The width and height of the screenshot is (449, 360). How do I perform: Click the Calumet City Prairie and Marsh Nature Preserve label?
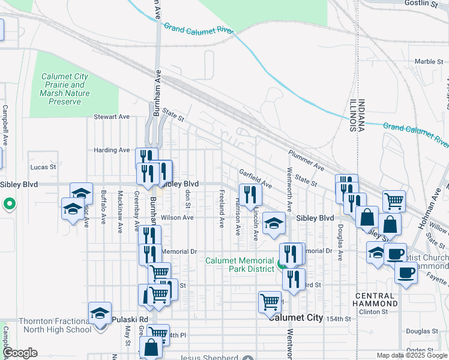(x=65, y=89)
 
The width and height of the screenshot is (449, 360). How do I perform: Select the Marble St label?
(x=429, y=62)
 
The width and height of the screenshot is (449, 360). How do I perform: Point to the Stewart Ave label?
(x=112, y=117)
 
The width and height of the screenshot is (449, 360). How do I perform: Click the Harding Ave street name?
(x=112, y=150)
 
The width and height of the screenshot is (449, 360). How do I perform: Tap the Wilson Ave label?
(x=177, y=218)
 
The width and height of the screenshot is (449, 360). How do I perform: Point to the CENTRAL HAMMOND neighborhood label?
(x=375, y=299)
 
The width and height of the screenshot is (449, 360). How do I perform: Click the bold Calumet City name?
(x=295, y=317)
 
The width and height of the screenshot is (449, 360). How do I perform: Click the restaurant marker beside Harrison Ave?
(x=249, y=194)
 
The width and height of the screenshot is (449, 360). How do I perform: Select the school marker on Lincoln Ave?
(x=274, y=223)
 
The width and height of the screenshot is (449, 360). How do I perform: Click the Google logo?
(x=20, y=353)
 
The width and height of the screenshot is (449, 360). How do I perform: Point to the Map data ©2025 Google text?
(x=411, y=355)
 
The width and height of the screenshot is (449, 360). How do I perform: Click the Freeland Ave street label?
(x=221, y=209)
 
